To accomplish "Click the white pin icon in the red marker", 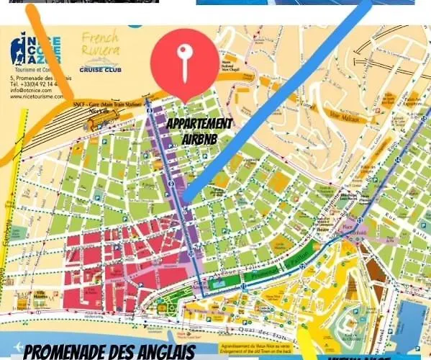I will [x=184, y=62].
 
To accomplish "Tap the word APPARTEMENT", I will [x=199, y=124].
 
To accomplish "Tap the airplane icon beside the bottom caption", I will [x=10, y=352].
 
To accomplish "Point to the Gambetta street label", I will [x=9, y=223].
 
